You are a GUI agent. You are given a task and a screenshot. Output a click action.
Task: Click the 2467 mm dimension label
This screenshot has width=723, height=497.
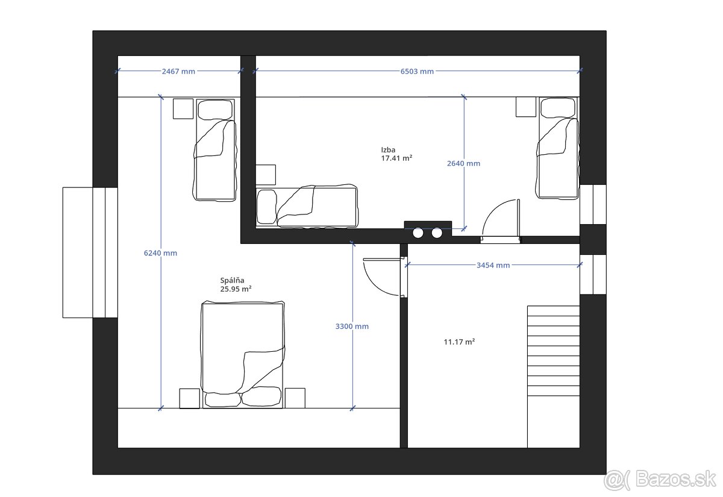pyautogui.click(x=178, y=71)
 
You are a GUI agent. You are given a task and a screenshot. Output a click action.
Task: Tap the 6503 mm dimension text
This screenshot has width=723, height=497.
pyautogui.click(x=417, y=71)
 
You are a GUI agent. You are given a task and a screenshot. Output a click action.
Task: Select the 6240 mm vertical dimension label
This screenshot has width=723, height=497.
pyautogui.click(x=160, y=253)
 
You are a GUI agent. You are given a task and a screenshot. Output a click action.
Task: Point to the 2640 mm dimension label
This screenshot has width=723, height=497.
pyautogui.click(x=463, y=163)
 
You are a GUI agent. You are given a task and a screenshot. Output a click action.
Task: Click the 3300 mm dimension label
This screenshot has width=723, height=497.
pyautogui.click(x=352, y=327)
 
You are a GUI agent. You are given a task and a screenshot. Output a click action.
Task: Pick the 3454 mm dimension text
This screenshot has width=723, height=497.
pyautogui.click(x=493, y=265)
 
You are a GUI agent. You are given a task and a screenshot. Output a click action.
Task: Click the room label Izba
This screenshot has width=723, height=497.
pyautogui.click(x=388, y=150)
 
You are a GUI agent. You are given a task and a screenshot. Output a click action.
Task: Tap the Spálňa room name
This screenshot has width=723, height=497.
pyautogui.click(x=232, y=281)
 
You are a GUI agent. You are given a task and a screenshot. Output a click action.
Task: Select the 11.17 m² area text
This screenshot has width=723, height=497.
pyautogui.click(x=459, y=342)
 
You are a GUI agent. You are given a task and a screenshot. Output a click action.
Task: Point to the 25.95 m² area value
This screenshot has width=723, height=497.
pyautogui.click(x=236, y=289)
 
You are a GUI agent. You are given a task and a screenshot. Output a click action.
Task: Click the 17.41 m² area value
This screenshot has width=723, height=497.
pyautogui.click(x=396, y=158)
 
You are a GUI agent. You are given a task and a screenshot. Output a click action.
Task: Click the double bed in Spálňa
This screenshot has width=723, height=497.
pyautogui.click(x=243, y=355)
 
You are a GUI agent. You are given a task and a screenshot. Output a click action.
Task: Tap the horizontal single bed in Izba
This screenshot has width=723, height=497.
pyautogui.click(x=307, y=207)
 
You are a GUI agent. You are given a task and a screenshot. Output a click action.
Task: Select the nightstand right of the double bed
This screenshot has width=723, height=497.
pyautogui.click(x=295, y=398)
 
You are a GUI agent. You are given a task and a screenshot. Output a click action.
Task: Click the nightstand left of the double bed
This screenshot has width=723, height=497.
pyautogui.click(x=189, y=399)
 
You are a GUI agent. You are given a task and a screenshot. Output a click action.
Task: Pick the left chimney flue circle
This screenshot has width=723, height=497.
pyautogui.click(x=418, y=233)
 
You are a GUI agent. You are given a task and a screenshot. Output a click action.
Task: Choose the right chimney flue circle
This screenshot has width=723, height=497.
pyautogui.click(x=437, y=233)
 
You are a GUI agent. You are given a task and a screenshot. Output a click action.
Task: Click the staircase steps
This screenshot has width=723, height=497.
pyautogui.click(x=554, y=351)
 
